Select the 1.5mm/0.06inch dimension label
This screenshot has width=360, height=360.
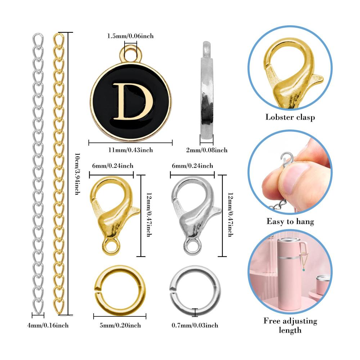(x=130, y=36)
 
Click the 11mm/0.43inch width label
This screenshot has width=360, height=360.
(x=130, y=150)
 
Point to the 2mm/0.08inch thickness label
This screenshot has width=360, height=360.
(x=207, y=150)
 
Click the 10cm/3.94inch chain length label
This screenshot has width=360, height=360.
(x=78, y=174)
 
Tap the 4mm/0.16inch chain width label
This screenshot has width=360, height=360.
(x=48, y=325)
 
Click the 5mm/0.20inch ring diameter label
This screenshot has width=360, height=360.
(x=120, y=325)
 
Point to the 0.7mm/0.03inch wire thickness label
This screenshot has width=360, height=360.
(x=195, y=325)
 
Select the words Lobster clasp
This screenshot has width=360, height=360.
(x=290, y=117)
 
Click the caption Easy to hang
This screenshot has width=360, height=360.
(x=290, y=221)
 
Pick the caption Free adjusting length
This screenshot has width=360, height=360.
(x=290, y=325)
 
